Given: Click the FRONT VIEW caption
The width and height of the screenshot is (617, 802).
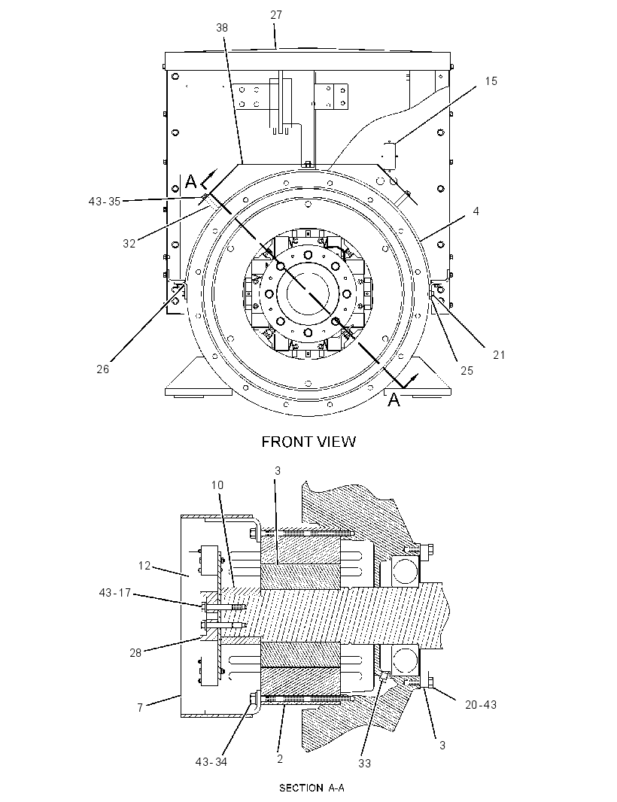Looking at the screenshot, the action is point(308,442).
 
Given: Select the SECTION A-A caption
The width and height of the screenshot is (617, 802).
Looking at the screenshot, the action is point(312,788).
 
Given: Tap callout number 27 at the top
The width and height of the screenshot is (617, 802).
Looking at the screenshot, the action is point(275,15).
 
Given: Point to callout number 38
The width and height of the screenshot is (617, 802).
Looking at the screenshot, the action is point(221,28).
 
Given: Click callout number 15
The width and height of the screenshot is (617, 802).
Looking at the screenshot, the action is point(491,81).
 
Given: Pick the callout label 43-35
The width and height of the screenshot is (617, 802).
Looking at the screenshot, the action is point(105,202).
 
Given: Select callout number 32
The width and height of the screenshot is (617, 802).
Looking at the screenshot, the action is point(129,244).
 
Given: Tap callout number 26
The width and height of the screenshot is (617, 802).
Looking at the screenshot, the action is point(103,369).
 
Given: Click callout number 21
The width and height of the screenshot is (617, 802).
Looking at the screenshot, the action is point(499,354).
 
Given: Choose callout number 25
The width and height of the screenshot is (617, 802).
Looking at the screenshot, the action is point(467,370).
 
